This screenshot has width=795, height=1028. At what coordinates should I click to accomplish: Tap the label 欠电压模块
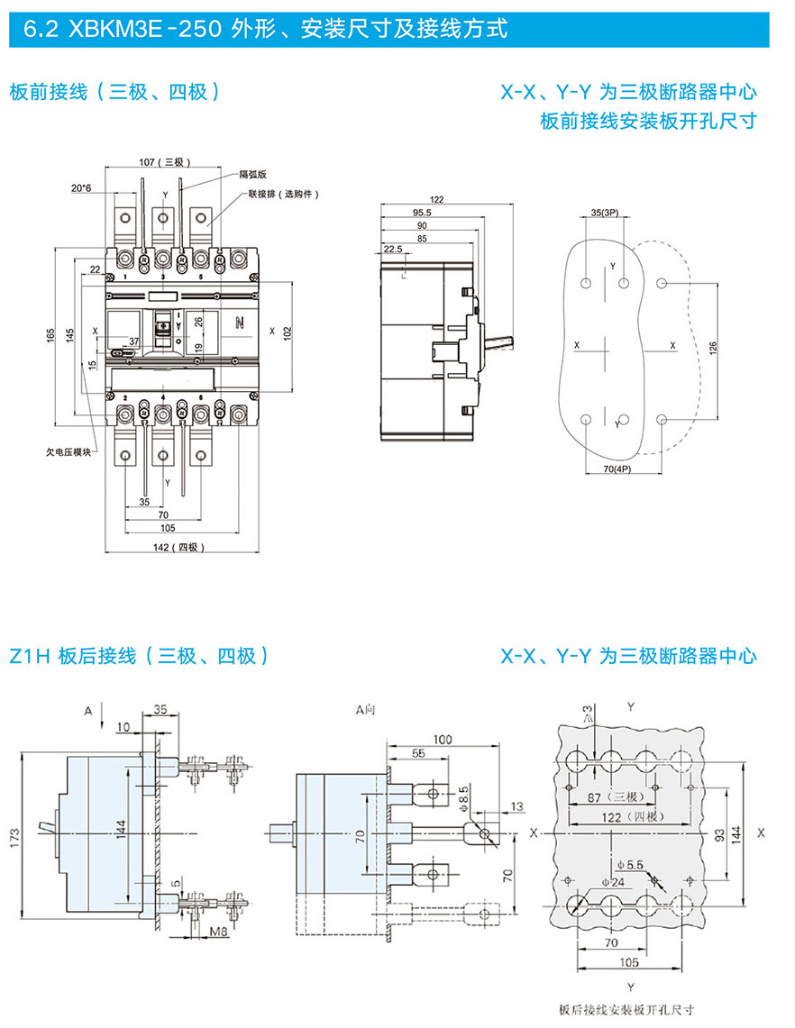point(68,452)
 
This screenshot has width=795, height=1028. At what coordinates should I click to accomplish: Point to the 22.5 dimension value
point(392,249)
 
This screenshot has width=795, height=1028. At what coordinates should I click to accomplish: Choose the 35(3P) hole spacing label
point(604,214)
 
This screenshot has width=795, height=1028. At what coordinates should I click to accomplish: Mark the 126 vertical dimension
point(714,347)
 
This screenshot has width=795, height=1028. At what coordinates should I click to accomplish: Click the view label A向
point(366,711)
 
